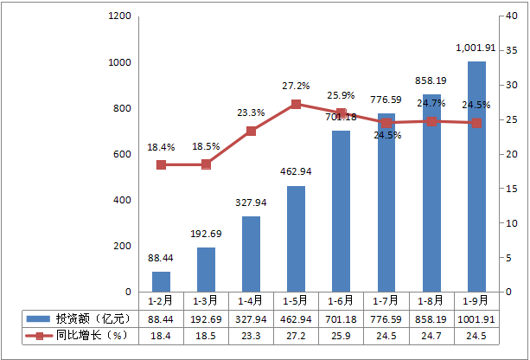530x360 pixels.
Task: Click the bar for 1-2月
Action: pos(161,282)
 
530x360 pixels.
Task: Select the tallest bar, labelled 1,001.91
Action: pos(476,177)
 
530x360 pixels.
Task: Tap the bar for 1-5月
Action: pos(296,239)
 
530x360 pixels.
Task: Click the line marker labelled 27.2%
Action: pos(296,105)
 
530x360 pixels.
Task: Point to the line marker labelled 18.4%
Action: pos(161,164)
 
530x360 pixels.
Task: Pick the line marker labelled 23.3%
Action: pos(251,131)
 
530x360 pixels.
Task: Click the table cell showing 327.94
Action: pos(251,318)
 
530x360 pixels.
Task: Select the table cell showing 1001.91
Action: pos(476,318)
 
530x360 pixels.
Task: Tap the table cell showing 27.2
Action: pos(296,335)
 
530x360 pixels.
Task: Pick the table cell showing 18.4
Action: pos(161,335)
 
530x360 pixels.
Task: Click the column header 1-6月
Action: pos(341,301)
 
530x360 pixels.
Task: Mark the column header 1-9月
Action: pos(476,301)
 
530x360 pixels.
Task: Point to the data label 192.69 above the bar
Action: pos(206,234)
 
